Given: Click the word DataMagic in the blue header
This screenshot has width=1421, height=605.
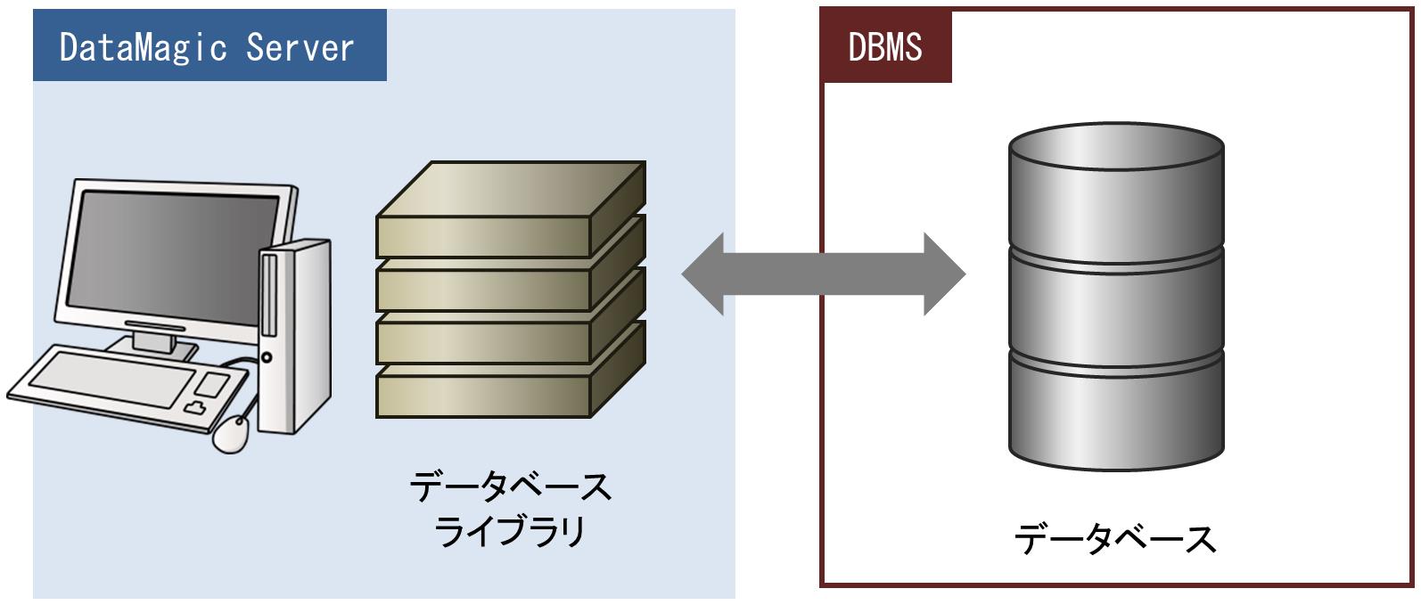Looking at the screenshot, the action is [143, 48].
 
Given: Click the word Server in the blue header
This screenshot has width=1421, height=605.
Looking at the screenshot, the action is [300, 47].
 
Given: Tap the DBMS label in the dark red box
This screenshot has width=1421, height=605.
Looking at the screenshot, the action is [885, 47].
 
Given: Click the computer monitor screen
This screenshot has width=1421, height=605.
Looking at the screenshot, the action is [173, 257].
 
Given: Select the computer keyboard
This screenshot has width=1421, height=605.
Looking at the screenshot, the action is [127, 388].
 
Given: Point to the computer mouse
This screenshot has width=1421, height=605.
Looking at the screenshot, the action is [230, 434].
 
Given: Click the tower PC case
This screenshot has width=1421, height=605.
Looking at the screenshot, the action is [294, 336].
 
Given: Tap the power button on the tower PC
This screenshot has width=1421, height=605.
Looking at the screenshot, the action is [267, 357].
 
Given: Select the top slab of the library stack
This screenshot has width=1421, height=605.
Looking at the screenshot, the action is [511, 208].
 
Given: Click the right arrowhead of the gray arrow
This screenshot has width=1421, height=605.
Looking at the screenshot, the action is [945, 274].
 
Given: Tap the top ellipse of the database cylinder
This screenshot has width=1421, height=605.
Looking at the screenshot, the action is [1116, 146].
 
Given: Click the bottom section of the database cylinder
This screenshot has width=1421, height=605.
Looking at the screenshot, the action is [1116, 413].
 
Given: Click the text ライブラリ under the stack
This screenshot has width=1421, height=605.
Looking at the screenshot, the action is [509, 531].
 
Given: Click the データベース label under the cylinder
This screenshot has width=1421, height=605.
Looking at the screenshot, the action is [1115, 540].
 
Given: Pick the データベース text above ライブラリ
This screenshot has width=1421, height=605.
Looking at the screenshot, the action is [510, 487].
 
